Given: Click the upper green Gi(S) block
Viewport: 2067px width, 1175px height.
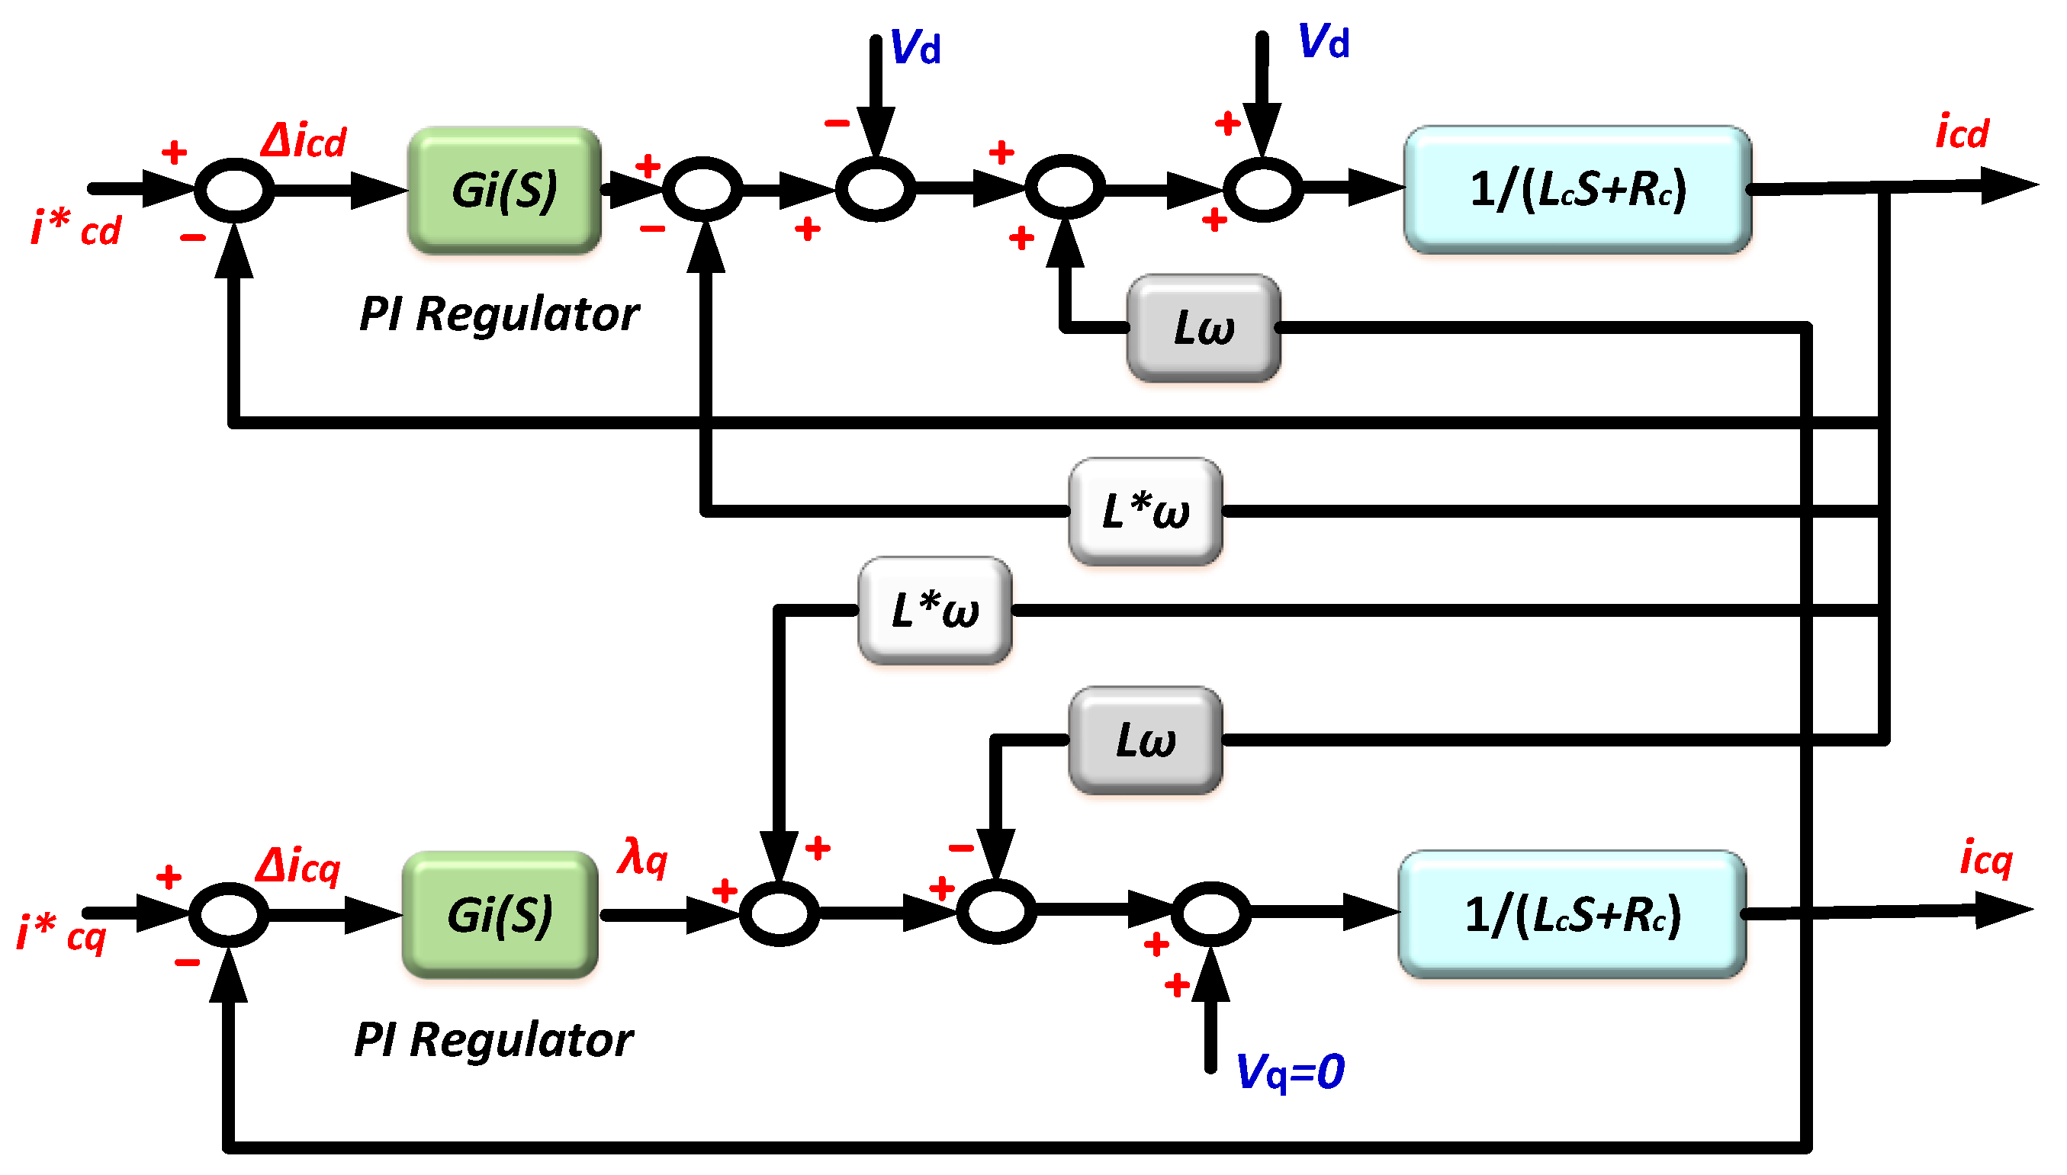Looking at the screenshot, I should click(x=504, y=191).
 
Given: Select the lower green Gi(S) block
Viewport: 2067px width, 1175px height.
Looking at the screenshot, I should click(x=500, y=915).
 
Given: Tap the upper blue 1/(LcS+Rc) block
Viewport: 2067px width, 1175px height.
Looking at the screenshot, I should click(x=1577, y=190).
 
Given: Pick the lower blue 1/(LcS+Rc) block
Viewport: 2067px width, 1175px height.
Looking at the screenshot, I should click(x=1572, y=914).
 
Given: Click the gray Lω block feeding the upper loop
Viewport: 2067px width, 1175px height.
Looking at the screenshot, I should click(x=1204, y=328).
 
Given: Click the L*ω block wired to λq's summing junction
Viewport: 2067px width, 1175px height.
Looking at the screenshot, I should click(x=934, y=610).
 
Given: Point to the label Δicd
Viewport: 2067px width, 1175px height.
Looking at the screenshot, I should click(x=304, y=141).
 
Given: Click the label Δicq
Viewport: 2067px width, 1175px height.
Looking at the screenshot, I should click(x=297, y=867).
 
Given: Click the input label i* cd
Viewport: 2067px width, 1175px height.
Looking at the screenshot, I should click(x=76, y=229).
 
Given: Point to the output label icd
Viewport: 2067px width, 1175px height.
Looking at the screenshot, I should click(x=1962, y=133).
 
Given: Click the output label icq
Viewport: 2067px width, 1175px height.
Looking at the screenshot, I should click(x=1986, y=857).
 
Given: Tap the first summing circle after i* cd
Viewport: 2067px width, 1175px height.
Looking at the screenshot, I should click(x=234, y=191).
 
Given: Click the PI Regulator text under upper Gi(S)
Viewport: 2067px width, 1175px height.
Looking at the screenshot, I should click(x=499, y=314).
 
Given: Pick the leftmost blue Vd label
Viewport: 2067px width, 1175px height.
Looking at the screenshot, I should click(x=915, y=47).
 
